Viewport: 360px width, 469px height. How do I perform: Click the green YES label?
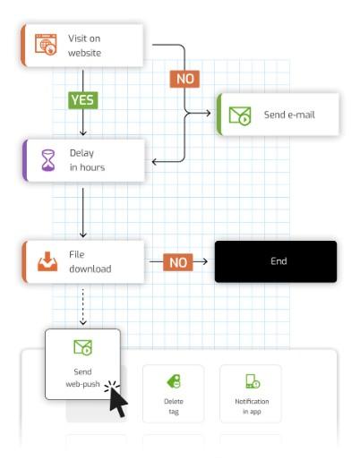click(83, 100)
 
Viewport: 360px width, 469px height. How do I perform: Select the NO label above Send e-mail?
click(184, 79)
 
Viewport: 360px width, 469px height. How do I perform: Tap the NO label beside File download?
click(178, 262)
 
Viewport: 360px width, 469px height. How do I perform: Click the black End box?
click(276, 261)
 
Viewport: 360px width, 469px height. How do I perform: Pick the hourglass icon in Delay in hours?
click(47, 160)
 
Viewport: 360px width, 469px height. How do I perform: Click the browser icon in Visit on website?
click(46, 45)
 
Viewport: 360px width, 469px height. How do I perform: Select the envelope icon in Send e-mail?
click(240, 116)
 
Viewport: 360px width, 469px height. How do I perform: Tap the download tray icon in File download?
click(47, 261)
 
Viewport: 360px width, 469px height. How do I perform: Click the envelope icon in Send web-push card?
click(83, 347)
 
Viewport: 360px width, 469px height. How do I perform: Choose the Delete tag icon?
click(174, 381)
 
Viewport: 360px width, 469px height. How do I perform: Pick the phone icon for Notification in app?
click(253, 381)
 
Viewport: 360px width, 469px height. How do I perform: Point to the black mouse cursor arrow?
click(118, 401)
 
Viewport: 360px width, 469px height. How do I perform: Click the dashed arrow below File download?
click(83, 307)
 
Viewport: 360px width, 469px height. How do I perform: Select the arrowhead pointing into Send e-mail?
click(208, 113)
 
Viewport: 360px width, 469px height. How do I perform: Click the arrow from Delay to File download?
click(83, 213)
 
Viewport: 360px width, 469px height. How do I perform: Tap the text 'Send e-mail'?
click(289, 115)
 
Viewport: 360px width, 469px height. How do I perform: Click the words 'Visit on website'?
click(84, 46)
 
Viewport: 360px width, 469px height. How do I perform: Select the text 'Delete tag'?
click(174, 406)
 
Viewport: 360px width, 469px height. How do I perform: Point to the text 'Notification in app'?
click(252, 406)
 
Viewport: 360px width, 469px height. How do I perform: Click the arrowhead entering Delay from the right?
click(155, 162)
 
